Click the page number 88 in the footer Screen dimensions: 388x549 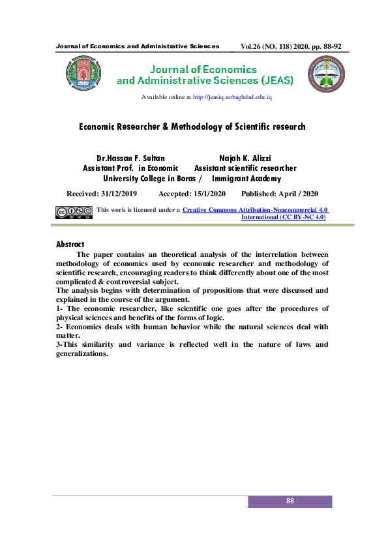tap(290, 501)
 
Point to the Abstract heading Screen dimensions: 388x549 tap(74, 245)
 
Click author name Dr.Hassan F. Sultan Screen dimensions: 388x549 tap(130, 158)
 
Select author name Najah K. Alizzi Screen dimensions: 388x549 tap(246, 158)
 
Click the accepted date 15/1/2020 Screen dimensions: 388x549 tap(210, 194)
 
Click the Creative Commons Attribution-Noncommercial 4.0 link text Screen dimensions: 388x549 tap(255, 209)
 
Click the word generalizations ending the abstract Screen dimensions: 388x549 tap(82, 353)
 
